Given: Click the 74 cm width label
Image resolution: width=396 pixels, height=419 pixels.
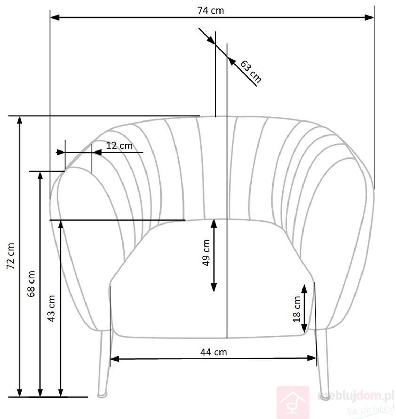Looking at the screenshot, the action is pos(210,10).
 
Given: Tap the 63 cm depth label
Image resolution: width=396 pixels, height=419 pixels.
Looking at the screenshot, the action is pos(251,71).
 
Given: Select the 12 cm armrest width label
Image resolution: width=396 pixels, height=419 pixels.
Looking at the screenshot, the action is pos(119,146).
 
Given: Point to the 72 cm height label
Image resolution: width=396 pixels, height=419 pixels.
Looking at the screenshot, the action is pos(10,256).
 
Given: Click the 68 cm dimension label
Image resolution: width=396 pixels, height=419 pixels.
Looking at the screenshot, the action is pos(31,284).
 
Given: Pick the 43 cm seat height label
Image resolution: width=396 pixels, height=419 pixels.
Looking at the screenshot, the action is pos(51,309).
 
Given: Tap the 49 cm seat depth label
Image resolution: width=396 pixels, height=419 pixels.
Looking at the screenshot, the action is pos(206,253).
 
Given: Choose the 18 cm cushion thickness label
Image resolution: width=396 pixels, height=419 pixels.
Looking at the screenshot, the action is pos(297,309).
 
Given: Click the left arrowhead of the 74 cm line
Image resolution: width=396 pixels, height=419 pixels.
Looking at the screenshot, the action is pos(55,17).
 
